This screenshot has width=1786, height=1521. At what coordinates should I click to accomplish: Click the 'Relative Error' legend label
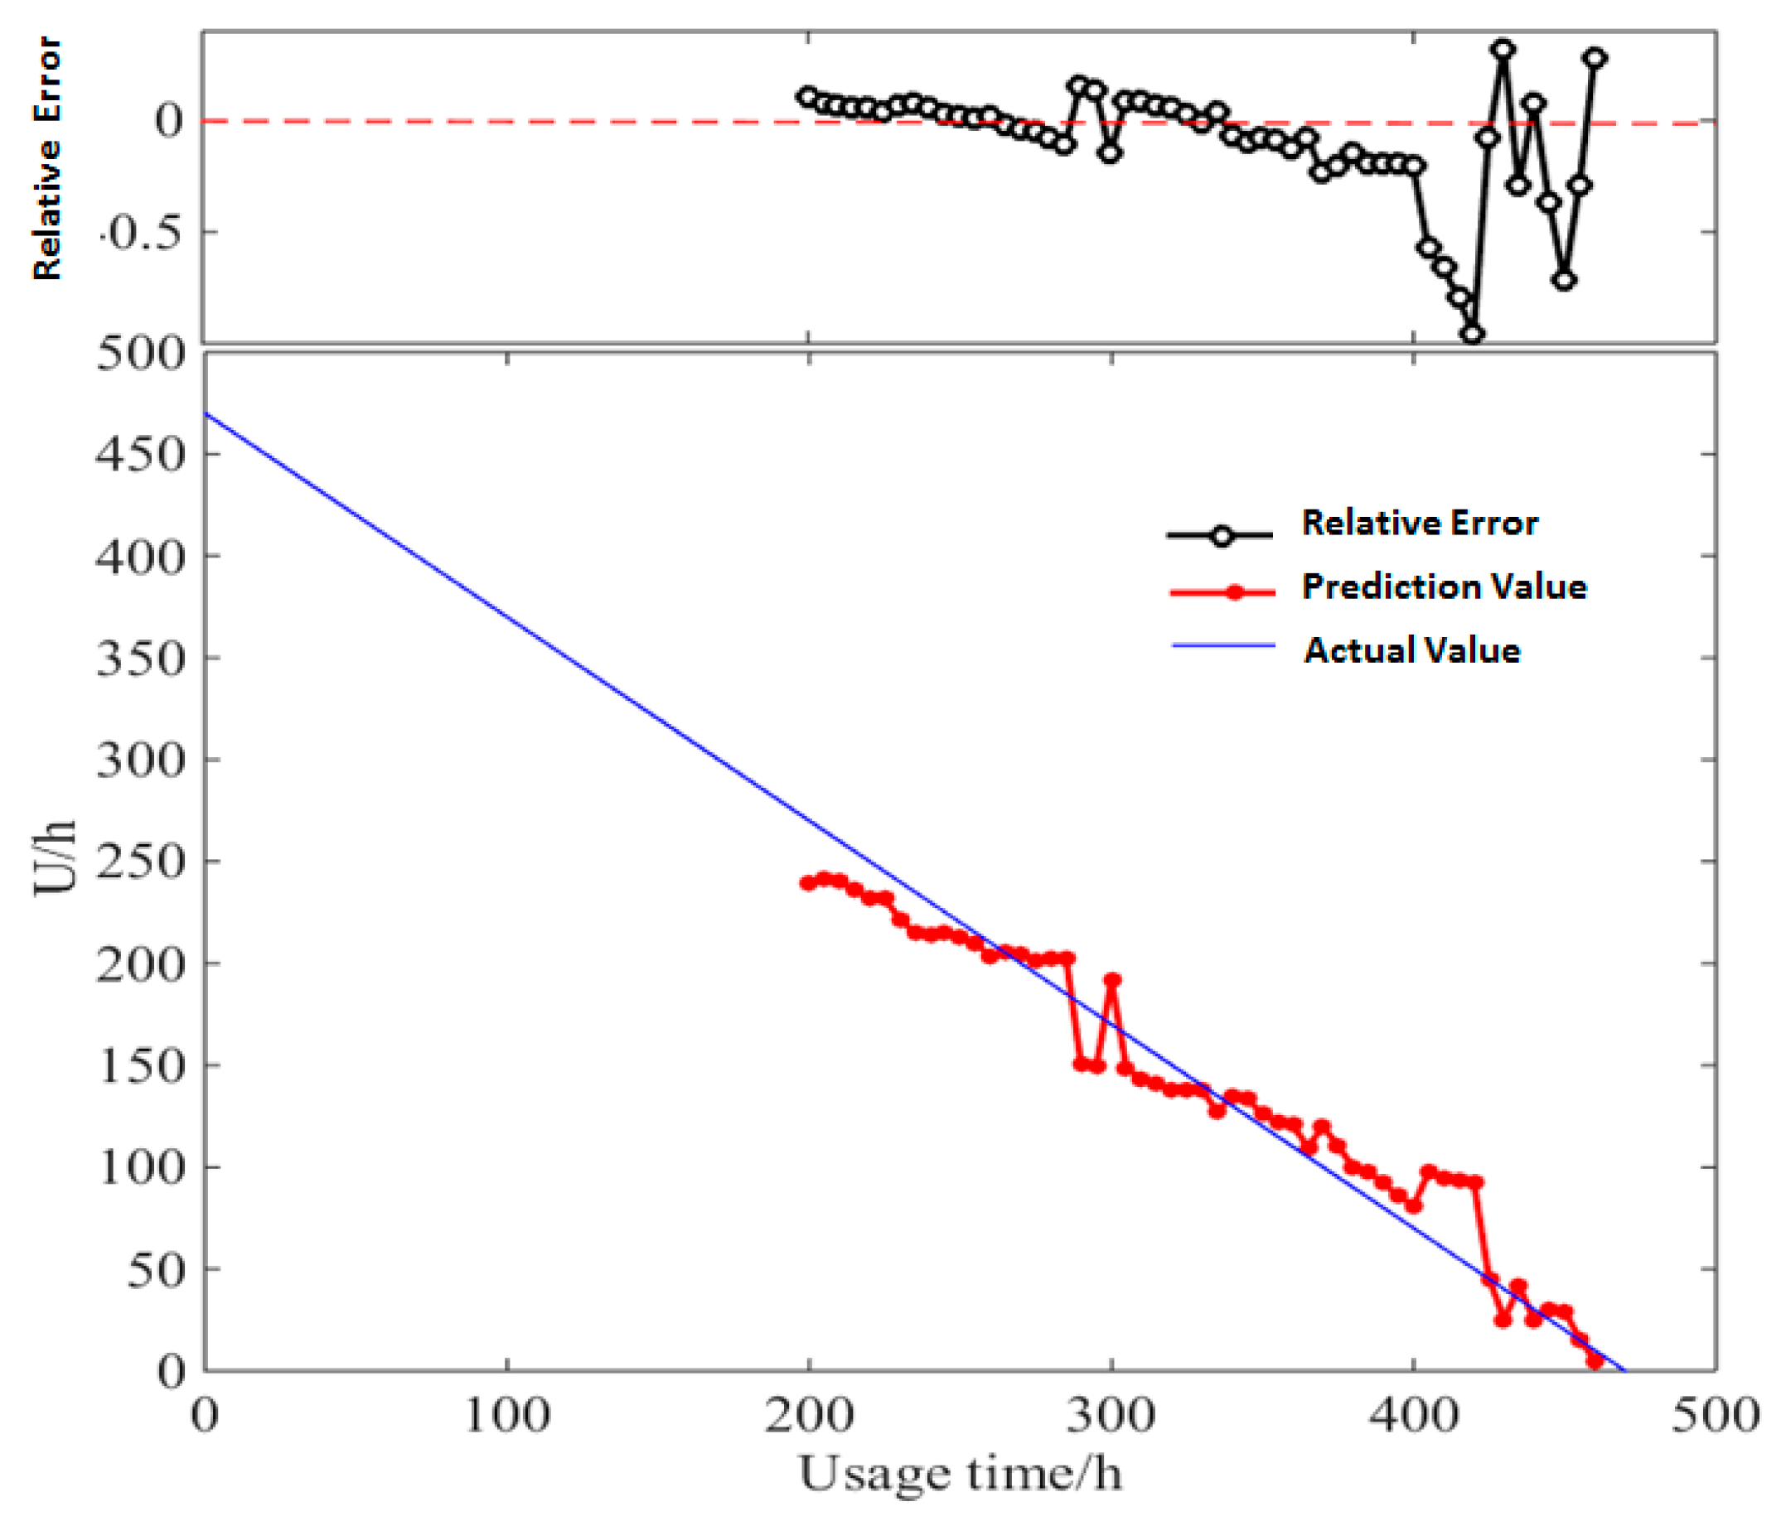1419,523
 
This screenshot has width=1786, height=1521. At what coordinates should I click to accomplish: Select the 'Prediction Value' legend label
1444,587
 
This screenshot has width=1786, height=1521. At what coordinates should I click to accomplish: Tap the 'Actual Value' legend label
1412,649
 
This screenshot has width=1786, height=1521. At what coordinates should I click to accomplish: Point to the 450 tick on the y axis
139,453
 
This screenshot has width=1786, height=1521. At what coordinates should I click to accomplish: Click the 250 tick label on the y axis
139,861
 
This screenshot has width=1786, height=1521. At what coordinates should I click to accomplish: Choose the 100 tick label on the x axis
507,1415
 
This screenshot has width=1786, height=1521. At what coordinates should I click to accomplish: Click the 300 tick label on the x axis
1111,1415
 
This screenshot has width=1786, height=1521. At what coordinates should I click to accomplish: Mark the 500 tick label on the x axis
1715,1415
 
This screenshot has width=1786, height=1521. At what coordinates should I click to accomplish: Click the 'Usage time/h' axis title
961,1474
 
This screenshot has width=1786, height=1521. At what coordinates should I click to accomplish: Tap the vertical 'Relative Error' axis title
47,158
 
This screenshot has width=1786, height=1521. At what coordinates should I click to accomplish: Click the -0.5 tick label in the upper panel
143,233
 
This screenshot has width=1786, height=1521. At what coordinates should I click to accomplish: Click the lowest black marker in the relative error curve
1473,335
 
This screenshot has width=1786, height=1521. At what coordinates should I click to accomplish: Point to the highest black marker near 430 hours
1503,49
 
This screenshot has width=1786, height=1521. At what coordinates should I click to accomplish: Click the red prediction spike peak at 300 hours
1112,980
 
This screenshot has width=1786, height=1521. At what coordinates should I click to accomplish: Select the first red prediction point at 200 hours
808,883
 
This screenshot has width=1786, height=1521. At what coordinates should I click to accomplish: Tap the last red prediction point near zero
1595,1361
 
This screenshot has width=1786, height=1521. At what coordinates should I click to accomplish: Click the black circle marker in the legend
1222,536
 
